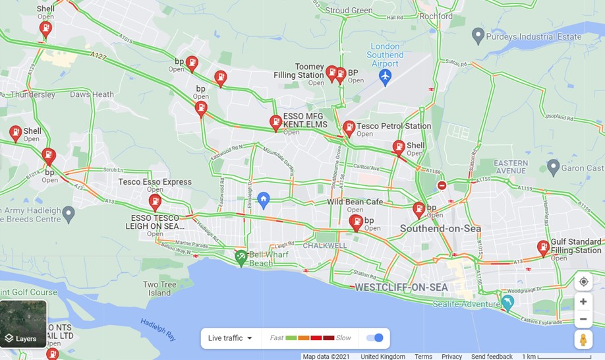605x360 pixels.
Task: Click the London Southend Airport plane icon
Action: pos(386,77)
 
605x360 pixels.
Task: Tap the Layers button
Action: pos(24,324)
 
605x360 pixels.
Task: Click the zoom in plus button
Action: pos(583,302)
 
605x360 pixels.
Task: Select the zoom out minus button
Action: pos(583,319)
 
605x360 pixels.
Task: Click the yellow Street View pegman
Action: pos(583,340)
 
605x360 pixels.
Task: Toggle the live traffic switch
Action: pos(375,338)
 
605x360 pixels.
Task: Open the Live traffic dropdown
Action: pos(231,338)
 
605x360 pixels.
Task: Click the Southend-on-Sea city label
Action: pos(440,229)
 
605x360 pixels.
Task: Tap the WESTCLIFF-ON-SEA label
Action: pos(401,287)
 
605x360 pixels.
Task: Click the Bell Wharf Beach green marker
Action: pos(241,257)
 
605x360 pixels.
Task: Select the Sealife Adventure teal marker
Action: pos(507,302)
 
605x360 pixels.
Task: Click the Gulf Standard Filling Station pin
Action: pos(543,247)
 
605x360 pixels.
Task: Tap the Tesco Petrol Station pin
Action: pos(349,128)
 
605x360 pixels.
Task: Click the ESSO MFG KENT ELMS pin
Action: pos(275,122)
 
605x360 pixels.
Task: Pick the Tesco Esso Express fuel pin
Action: pos(155,201)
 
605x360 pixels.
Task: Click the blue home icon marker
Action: pos(264,199)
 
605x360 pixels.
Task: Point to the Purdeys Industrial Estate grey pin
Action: pos(478,35)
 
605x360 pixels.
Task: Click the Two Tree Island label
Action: pos(160,288)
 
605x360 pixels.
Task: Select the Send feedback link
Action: pos(492,357)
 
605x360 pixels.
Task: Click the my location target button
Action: pos(583,282)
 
